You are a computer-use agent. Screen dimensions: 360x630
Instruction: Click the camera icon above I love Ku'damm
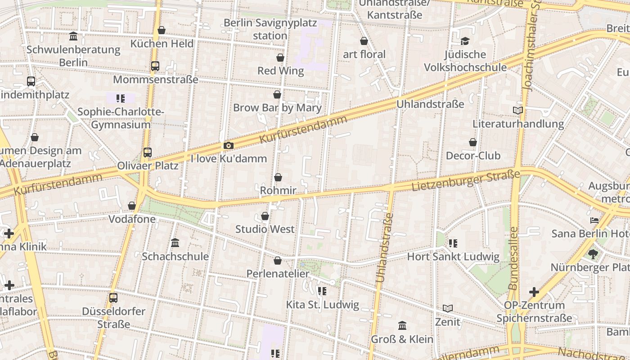pyautogui.click(x=229, y=145)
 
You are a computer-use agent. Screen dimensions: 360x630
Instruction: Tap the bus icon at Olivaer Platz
pyautogui.click(x=148, y=153)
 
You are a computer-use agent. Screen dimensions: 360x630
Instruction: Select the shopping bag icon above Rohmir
pyautogui.click(x=278, y=177)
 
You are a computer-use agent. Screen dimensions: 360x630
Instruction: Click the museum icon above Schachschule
pyautogui.click(x=175, y=243)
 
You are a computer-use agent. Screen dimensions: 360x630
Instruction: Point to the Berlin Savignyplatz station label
pyautogui.click(x=270, y=29)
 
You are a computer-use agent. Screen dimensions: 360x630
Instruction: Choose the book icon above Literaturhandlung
pyautogui.click(x=518, y=110)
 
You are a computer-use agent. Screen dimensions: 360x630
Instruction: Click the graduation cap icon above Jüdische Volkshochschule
pyautogui.click(x=465, y=41)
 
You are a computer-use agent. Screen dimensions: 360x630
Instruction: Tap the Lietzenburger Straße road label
pyautogui.click(x=466, y=180)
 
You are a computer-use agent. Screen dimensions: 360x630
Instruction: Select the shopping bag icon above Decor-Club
pyautogui.click(x=473, y=142)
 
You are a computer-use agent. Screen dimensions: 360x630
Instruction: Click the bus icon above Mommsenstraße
pyautogui.click(x=155, y=66)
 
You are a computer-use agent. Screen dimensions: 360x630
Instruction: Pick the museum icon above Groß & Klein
pyautogui.click(x=402, y=325)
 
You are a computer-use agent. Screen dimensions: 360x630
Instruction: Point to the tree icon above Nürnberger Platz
pyautogui.click(x=593, y=254)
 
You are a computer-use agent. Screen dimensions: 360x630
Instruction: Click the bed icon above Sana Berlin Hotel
pyautogui.click(x=594, y=220)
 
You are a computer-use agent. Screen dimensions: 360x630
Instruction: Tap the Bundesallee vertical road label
pyautogui.click(x=513, y=258)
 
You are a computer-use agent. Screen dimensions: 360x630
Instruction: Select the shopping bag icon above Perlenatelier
pyautogui.click(x=278, y=261)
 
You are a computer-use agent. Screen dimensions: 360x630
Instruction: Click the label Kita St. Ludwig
pyautogui.click(x=323, y=305)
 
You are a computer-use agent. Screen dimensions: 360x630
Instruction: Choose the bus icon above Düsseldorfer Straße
pyautogui.click(x=113, y=298)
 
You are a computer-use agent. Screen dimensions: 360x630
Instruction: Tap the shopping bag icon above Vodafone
pyautogui.click(x=132, y=206)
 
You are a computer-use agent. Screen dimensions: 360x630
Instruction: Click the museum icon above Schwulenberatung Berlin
pyautogui.click(x=73, y=36)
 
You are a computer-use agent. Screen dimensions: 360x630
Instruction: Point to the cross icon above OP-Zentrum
pyautogui.click(x=534, y=292)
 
